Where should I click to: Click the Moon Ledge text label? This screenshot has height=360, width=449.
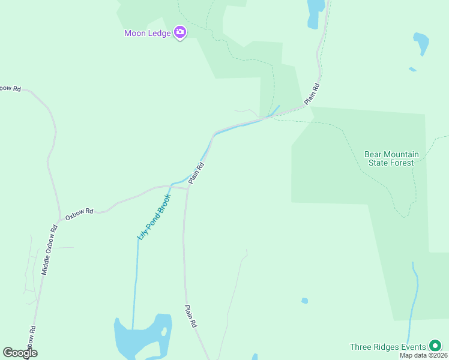pos(147,33)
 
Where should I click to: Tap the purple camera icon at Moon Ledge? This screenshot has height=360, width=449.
pos(179,32)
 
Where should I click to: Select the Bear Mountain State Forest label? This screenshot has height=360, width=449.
pos(391,158)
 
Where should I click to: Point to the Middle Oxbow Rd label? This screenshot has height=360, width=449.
pos(49,250)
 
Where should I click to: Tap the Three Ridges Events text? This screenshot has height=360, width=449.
pos(387,347)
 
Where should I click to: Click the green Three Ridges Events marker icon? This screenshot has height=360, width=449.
pos(435,346)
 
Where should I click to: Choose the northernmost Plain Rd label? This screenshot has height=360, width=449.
pos(312,95)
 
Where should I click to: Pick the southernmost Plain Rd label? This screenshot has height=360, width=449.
pos(191,316)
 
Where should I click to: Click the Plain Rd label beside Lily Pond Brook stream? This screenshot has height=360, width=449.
pos(197,173)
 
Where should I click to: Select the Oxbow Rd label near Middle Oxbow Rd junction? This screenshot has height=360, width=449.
pos(80,214)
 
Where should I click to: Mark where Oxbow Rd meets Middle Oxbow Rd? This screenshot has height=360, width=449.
pos(59,217)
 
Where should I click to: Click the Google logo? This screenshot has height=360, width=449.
pos(20,353)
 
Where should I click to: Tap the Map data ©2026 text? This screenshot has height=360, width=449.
pos(423,355)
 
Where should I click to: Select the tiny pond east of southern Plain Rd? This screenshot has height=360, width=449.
pos(305,301)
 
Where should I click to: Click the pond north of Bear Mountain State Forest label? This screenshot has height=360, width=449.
pos(421,43)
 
